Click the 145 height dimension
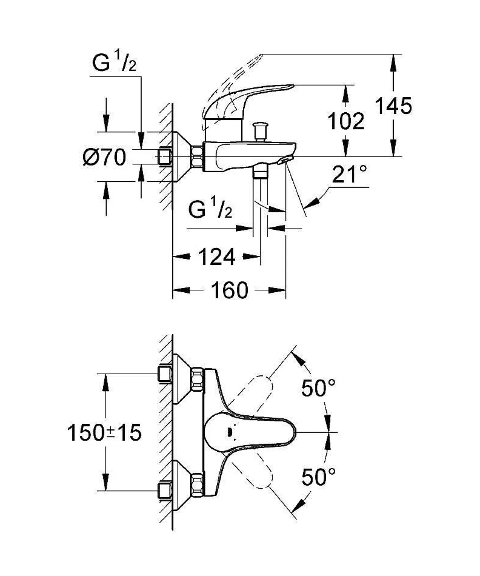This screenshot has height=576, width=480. pos(393,105)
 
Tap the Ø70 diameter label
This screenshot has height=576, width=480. pos(105,158)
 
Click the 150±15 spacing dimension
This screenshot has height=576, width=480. pos(104,433)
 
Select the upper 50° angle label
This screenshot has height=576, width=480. pos(318,388)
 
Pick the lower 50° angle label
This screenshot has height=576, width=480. pos(318,477)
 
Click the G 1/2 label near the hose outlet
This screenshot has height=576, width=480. pos(210,210)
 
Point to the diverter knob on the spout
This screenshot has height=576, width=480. pos(259,130)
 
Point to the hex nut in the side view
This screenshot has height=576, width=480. pos(198,156)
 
